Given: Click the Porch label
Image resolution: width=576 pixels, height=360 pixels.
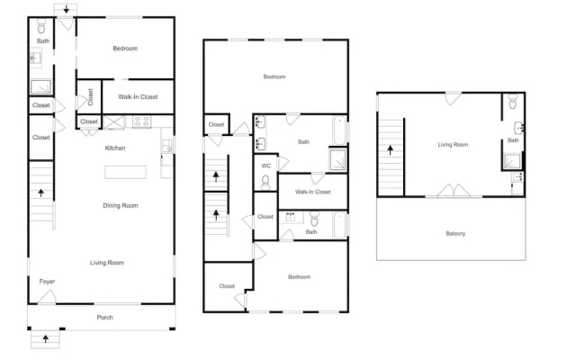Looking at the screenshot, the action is coord(104,317).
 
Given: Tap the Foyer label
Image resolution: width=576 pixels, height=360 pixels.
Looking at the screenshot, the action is coord(47,282).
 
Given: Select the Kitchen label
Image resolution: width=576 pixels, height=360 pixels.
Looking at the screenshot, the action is coord(115,148).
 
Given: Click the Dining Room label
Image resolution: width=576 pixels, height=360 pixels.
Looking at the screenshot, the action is coord(121,206).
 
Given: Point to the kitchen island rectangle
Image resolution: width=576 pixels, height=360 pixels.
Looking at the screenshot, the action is coord(125,172).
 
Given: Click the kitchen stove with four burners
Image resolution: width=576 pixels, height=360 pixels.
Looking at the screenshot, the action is coord(141,121).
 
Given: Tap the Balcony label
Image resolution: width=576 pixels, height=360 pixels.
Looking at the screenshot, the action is coord(455,234).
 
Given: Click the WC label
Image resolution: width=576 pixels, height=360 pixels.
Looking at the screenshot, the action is coord(266,166).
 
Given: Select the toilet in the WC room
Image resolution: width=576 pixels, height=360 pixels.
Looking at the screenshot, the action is coord(265,183).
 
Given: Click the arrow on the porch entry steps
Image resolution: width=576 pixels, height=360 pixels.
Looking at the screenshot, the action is coord(46,338).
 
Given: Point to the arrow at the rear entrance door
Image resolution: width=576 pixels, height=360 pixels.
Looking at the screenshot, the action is coord(66,9).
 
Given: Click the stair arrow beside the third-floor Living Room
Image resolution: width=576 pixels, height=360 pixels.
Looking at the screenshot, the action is coord(390,149).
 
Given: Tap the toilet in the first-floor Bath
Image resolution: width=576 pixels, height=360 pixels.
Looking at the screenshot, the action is coord(41,26).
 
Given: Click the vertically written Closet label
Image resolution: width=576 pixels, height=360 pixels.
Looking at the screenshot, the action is coord(90,97).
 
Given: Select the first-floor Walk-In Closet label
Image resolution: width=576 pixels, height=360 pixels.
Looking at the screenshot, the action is coord(138,97).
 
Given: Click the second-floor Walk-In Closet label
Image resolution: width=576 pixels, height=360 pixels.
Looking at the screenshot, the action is coord(312,192).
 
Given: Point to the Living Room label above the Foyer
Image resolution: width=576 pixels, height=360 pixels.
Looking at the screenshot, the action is coord(107,263).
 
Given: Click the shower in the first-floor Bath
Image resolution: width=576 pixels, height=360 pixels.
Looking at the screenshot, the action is coord(41,87).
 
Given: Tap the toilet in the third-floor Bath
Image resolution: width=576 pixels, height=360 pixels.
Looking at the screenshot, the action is coord(513,102).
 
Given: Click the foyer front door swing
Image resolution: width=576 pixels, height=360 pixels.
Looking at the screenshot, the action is coord(47,297).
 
